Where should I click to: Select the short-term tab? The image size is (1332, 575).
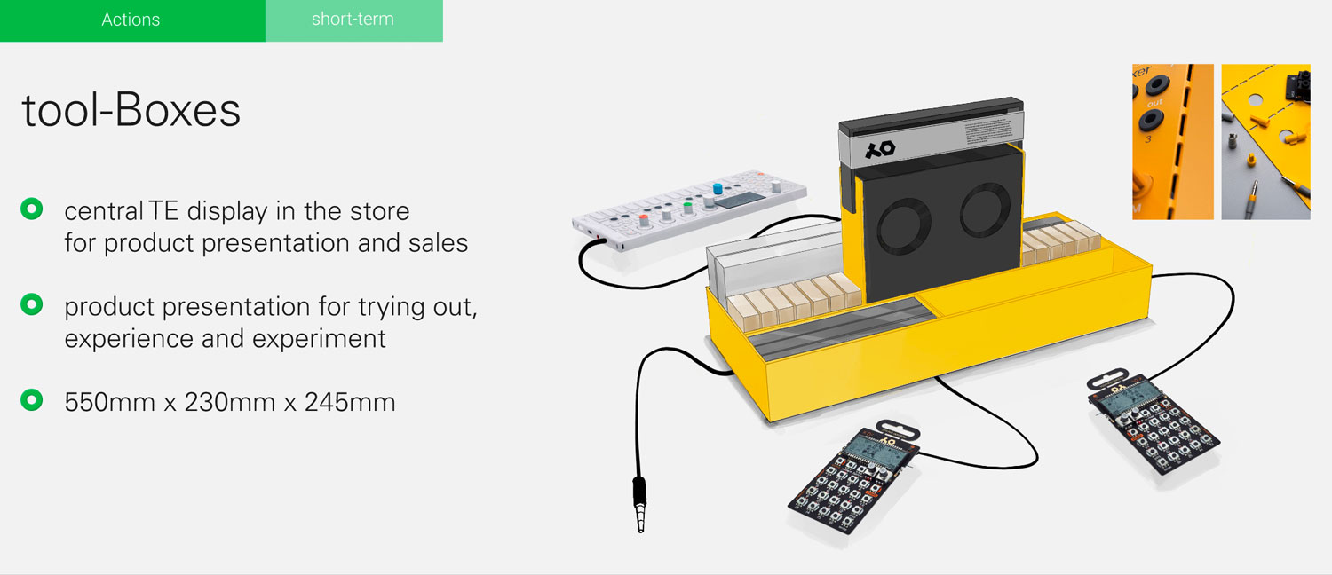(353, 20)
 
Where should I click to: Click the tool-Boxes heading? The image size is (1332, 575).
(131, 110)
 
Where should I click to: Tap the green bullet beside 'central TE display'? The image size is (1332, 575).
(31, 209)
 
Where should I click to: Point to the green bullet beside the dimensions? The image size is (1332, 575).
(31, 400)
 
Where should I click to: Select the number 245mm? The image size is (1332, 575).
(350, 402)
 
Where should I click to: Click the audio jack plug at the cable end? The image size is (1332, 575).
(639, 504)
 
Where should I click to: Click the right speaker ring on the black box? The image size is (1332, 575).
(985, 209)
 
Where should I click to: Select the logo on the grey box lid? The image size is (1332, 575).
(879, 149)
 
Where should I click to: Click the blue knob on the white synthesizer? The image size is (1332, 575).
(718, 190)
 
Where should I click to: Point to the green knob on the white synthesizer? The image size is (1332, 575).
(688, 208)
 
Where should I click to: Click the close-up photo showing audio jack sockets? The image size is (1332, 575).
(1173, 142)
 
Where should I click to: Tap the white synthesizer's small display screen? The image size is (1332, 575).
(740, 201)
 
